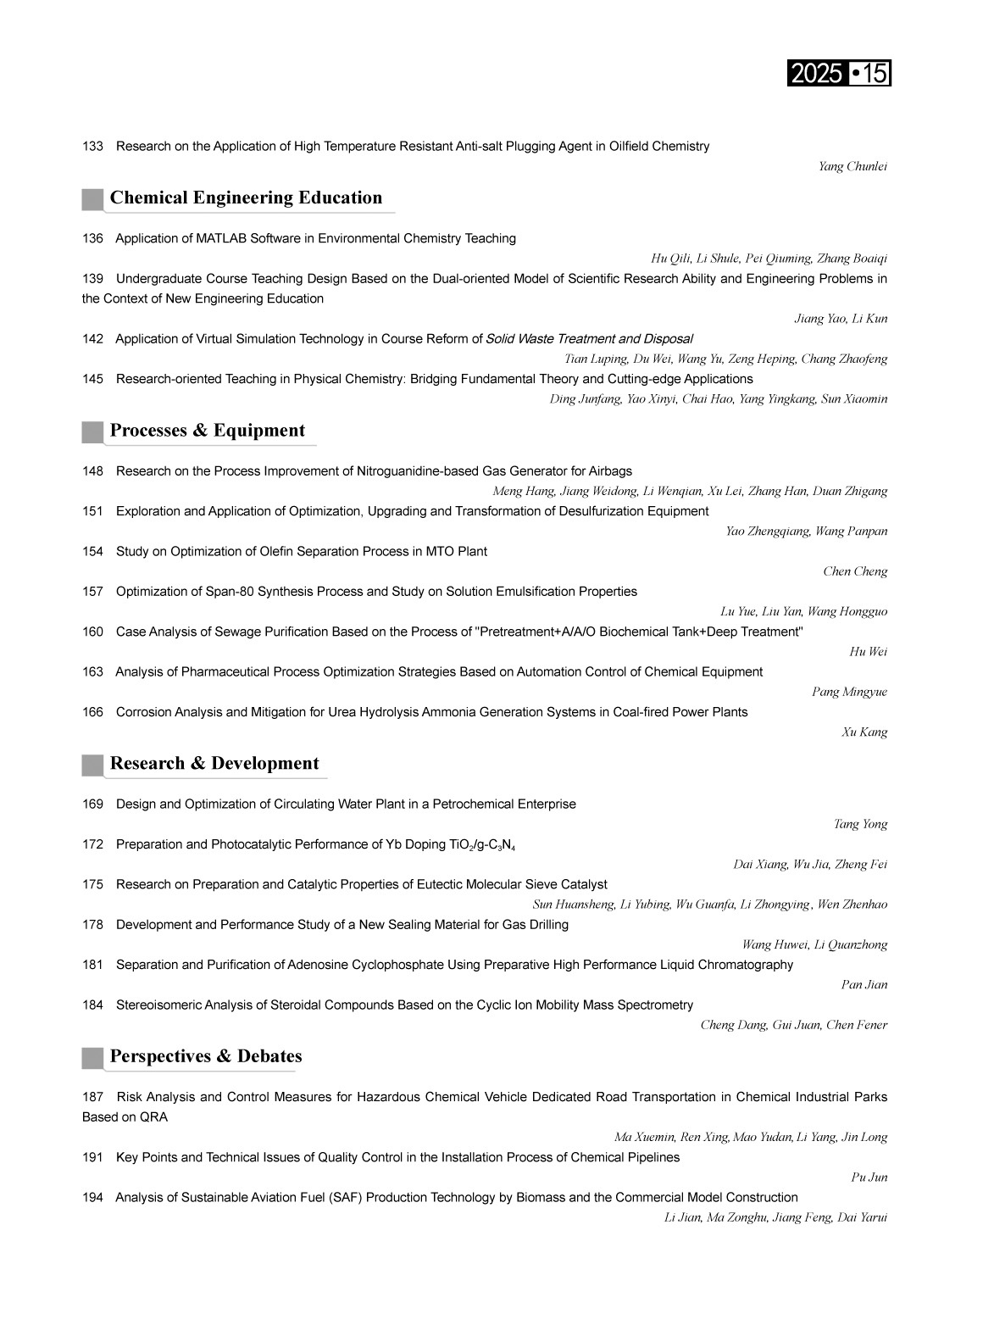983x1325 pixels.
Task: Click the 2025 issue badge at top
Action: tap(838, 74)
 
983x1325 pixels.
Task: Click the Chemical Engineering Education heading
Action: tap(246, 198)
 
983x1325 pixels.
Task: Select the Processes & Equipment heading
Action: tap(207, 430)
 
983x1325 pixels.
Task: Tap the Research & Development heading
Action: tap(214, 763)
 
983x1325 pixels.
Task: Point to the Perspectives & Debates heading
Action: tap(206, 1056)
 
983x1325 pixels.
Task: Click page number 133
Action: tap(92, 147)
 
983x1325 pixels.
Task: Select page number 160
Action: tap(92, 632)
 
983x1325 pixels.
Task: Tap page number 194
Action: tap(92, 1198)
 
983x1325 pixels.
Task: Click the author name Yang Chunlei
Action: tap(852, 166)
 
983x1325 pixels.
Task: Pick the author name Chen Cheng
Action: tap(855, 571)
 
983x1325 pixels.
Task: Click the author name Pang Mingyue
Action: tap(849, 692)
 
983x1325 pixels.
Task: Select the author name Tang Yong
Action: tap(860, 824)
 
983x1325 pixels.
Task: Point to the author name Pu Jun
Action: tap(869, 1177)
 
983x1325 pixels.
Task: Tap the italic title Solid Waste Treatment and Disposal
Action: tap(589, 339)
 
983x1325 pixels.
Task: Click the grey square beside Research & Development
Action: tap(92, 765)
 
